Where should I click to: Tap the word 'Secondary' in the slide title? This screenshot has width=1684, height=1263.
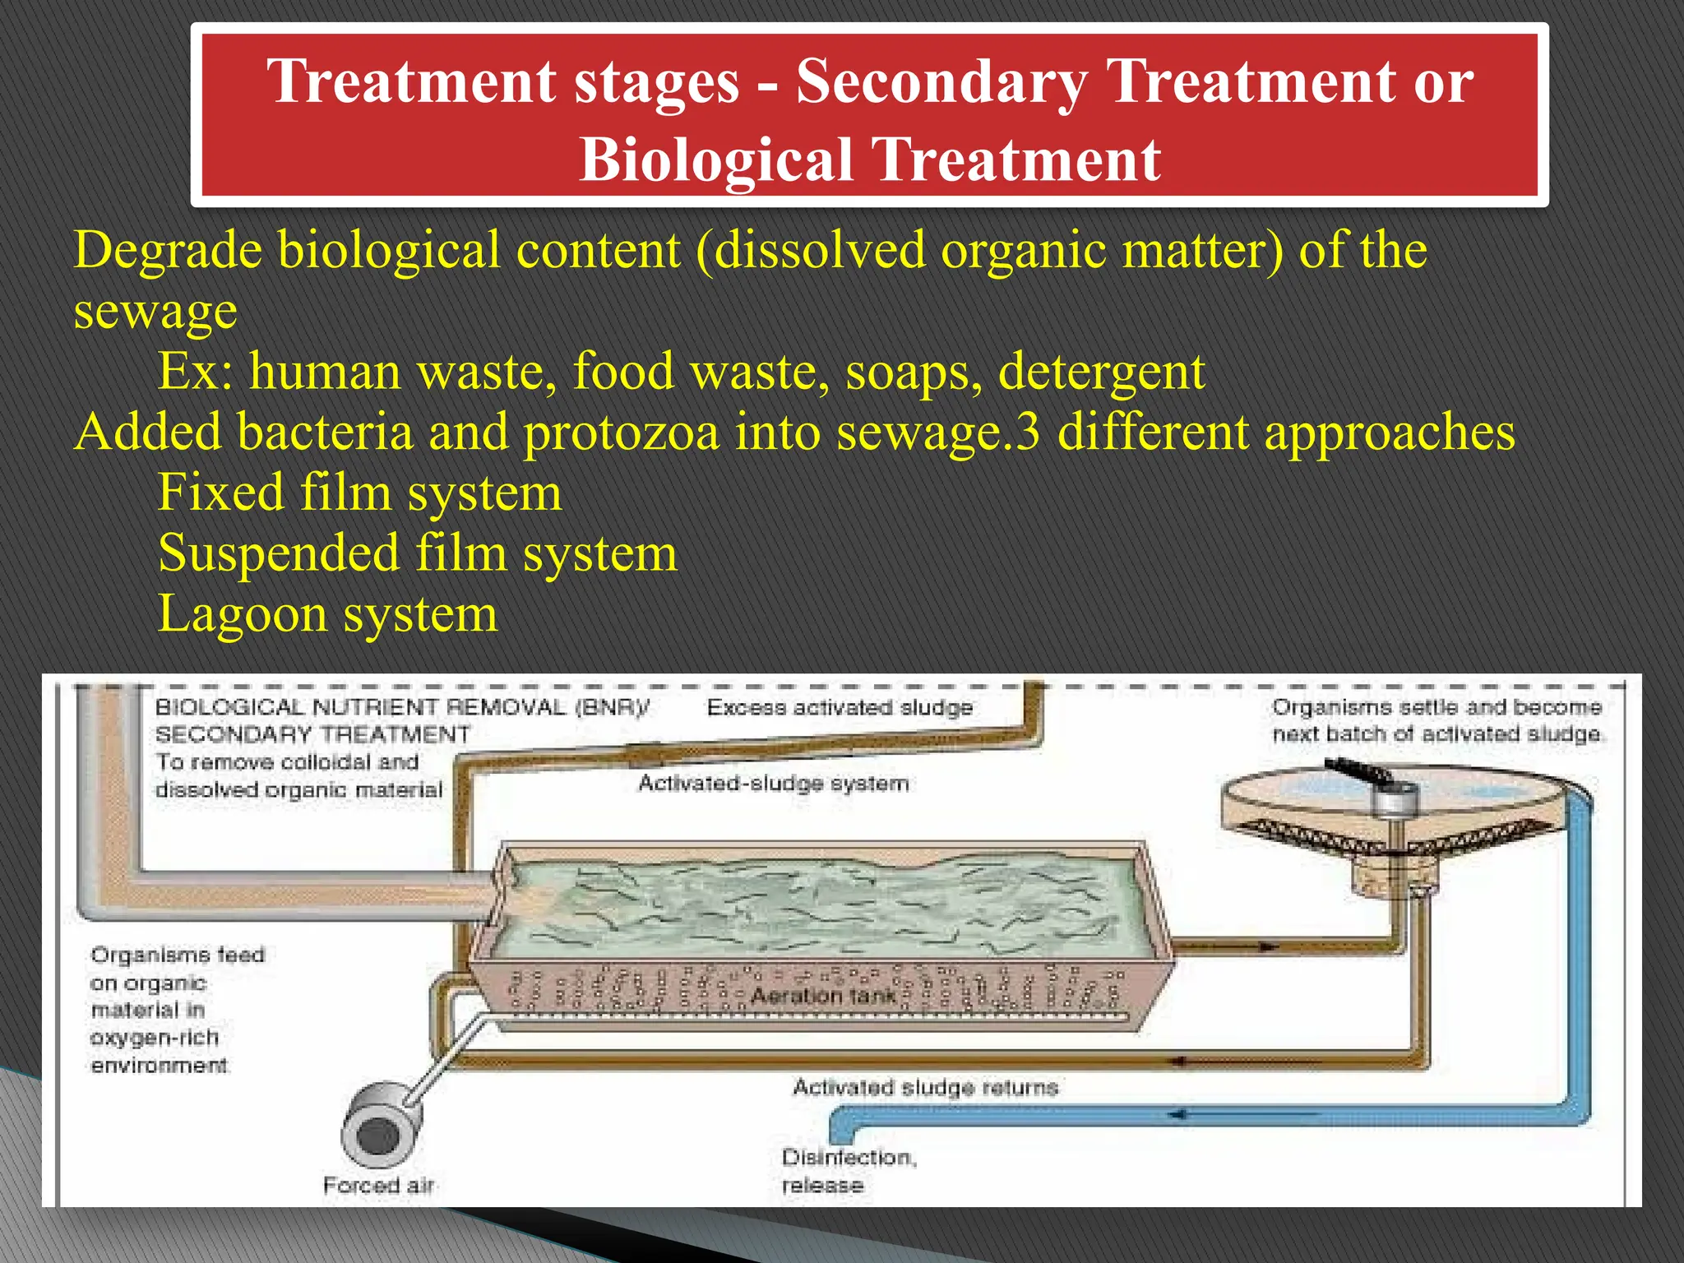click(941, 81)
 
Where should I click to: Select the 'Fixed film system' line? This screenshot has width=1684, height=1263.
click(359, 493)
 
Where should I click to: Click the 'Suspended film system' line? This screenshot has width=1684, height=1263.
click(417, 553)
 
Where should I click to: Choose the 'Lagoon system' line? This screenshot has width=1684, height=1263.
click(327, 613)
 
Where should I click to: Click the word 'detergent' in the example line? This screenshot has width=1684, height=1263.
click(1101, 371)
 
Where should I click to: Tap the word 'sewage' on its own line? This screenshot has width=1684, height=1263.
click(155, 311)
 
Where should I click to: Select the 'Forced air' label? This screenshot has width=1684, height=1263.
click(377, 1185)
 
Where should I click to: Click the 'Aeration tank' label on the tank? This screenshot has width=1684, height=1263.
click(823, 996)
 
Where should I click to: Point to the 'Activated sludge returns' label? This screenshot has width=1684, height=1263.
click(925, 1087)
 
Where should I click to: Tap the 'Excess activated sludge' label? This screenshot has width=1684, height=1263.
click(839, 707)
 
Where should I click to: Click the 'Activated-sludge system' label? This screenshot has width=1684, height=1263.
click(773, 783)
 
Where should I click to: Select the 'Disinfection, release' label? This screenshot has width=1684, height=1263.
click(847, 1171)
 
